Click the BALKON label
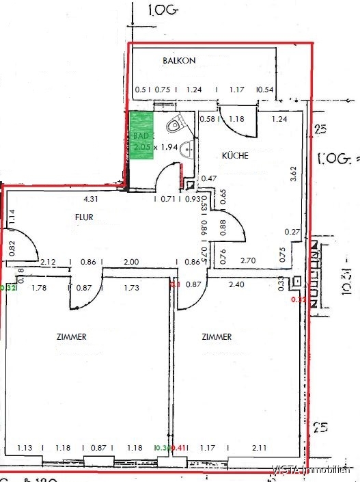tap(179, 61)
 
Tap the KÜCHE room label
tap(235, 156)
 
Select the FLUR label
tap(84, 218)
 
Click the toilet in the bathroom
tap(177, 123)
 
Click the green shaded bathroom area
tap(141, 135)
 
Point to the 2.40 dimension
tap(255, 286)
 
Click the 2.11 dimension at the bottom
tap(259, 448)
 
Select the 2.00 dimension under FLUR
tap(130, 262)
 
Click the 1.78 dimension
tap(40, 289)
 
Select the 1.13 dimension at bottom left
tap(25, 448)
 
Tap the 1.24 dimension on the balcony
tap(194, 90)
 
